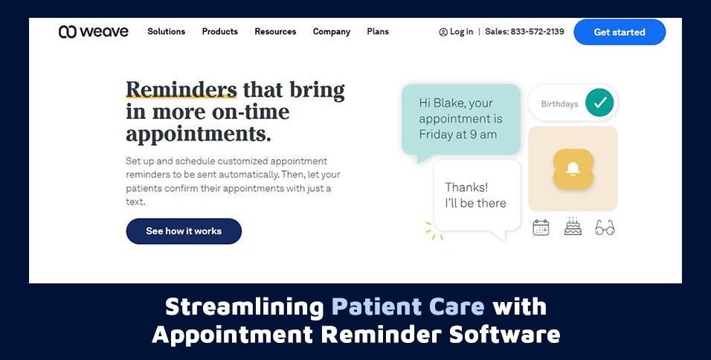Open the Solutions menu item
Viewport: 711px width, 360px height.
pyautogui.click(x=166, y=32)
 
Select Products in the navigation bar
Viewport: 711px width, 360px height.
pyautogui.click(x=219, y=32)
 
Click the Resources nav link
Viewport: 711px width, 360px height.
pyautogui.click(x=275, y=32)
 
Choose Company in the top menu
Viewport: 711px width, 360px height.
pyautogui.click(x=331, y=32)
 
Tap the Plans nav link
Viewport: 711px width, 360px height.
pyautogui.click(x=378, y=32)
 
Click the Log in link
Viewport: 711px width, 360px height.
pyautogui.click(x=457, y=32)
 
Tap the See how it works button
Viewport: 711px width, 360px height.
pyautogui.click(x=184, y=231)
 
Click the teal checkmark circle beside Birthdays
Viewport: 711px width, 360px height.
pyautogui.click(x=599, y=103)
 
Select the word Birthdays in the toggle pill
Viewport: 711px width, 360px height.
pyautogui.click(x=559, y=104)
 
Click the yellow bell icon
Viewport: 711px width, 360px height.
pyautogui.click(x=573, y=169)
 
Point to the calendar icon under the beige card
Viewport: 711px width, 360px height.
pyautogui.click(x=541, y=228)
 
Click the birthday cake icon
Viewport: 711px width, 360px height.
pyautogui.click(x=573, y=227)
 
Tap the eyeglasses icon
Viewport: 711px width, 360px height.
pyautogui.click(x=605, y=228)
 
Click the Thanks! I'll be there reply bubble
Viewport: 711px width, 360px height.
pyautogui.click(x=476, y=196)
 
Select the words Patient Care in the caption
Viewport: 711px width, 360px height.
pyautogui.click(x=408, y=306)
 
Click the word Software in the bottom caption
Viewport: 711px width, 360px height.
pyautogui.click(x=504, y=334)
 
